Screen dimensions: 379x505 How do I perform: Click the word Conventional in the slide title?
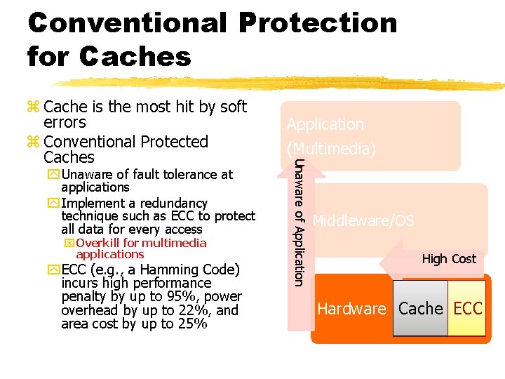tap(127, 22)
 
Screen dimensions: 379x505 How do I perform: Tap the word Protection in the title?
tap(318, 22)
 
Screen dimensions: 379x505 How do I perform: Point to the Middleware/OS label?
tap(363, 221)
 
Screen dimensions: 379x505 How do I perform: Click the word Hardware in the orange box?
tap(351, 309)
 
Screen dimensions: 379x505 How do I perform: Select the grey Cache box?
tap(420, 309)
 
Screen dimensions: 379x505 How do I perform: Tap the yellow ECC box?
tap(467, 309)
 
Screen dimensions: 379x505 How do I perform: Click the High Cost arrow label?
tap(449, 259)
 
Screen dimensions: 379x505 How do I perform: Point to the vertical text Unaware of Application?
tap(298, 222)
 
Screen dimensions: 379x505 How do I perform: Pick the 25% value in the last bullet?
tap(193, 324)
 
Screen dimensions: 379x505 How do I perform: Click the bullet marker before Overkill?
tap(69, 244)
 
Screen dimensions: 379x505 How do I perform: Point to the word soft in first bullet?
tap(233, 107)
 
